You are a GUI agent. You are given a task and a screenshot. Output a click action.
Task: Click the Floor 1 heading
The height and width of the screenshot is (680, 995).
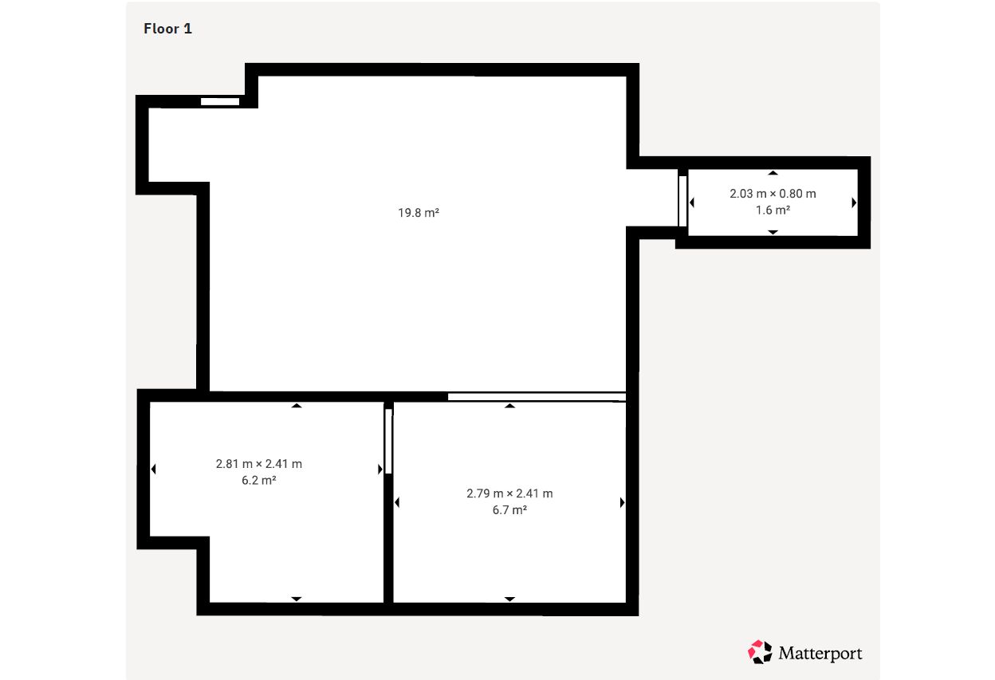pyautogui.click(x=167, y=29)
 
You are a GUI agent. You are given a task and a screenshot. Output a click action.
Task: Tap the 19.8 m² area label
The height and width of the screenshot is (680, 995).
pyautogui.click(x=419, y=213)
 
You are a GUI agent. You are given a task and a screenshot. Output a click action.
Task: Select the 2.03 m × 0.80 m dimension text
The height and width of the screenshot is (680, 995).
pyautogui.click(x=773, y=194)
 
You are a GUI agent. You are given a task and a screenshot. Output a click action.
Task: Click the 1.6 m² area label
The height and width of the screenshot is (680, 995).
pyautogui.click(x=773, y=210)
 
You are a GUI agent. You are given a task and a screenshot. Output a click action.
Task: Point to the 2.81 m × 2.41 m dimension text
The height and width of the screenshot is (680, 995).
pyautogui.click(x=259, y=464)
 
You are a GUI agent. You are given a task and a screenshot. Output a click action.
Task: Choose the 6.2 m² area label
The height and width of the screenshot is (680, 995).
pyautogui.click(x=259, y=480)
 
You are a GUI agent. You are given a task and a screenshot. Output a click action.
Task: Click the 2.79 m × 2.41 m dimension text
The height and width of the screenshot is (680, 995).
pyautogui.click(x=509, y=493)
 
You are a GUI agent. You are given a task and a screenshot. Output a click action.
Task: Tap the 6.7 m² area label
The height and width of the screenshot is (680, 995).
pyautogui.click(x=509, y=510)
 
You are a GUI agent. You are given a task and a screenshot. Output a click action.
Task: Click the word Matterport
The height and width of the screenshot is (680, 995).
pyautogui.click(x=820, y=654)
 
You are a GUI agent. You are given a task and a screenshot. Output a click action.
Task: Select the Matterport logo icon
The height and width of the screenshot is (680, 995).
pyautogui.click(x=760, y=652)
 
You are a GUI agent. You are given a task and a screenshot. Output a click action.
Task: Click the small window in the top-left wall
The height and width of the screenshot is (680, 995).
pyautogui.click(x=220, y=102)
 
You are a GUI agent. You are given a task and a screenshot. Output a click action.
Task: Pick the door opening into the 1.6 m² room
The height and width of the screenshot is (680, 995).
pyautogui.click(x=682, y=201)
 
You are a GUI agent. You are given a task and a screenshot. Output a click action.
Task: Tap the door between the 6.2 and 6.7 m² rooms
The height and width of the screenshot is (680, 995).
pyautogui.click(x=388, y=441)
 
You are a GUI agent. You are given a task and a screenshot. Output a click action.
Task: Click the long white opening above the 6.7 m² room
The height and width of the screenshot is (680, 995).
pyautogui.click(x=537, y=397)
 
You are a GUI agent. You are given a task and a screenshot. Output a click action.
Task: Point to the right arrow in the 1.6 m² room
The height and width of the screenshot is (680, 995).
pyautogui.click(x=854, y=202)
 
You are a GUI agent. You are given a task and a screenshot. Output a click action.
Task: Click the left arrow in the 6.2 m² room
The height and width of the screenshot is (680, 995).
pyautogui.click(x=154, y=469)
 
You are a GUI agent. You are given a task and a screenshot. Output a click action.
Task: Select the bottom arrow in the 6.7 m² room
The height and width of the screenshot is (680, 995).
pyautogui.click(x=509, y=599)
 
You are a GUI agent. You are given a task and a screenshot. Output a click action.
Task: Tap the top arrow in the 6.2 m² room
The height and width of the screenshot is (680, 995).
pyautogui.click(x=297, y=406)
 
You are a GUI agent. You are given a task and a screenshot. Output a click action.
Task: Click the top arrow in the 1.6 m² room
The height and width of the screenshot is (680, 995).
pyautogui.click(x=773, y=173)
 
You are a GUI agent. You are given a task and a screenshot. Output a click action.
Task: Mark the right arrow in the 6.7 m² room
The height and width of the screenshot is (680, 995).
pyautogui.click(x=623, y=502)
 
